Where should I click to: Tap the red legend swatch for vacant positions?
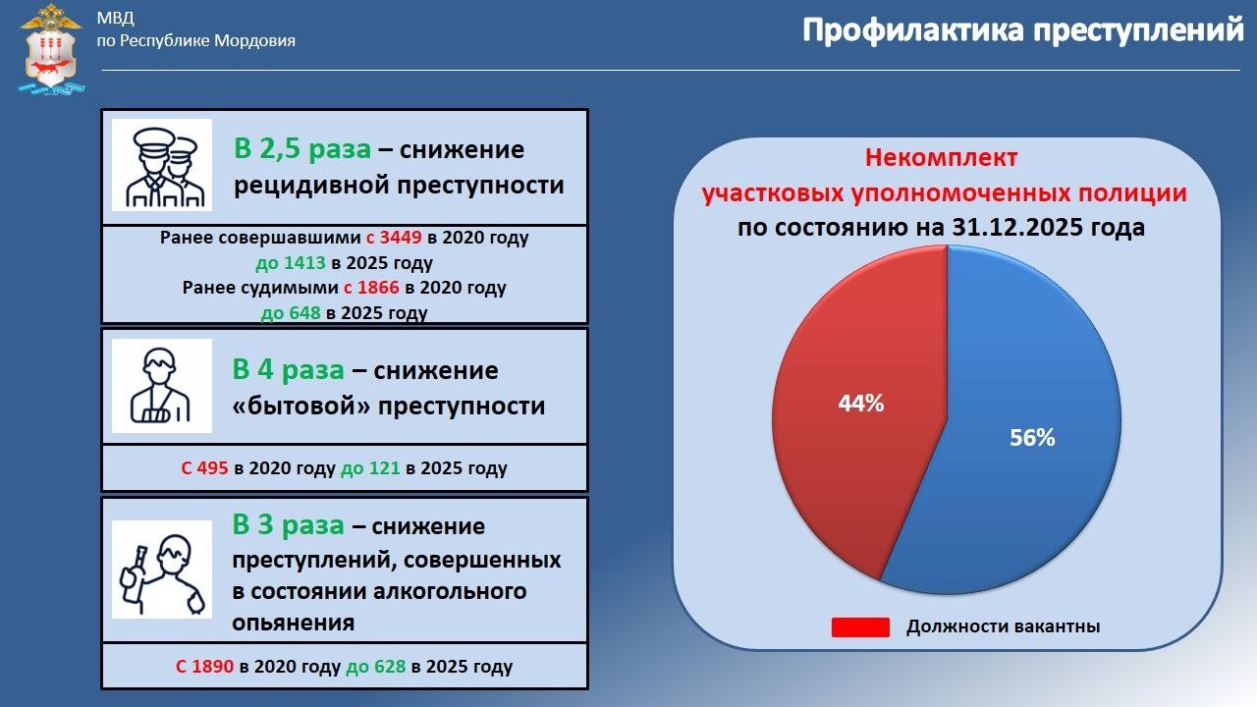(859, 626)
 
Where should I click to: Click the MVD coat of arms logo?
(51, 49)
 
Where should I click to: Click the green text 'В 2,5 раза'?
(302, 149)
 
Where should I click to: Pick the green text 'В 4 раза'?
(289, 370)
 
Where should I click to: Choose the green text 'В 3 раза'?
(289, 525)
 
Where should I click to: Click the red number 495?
(213, 468)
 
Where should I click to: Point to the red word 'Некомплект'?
(941, 158)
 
